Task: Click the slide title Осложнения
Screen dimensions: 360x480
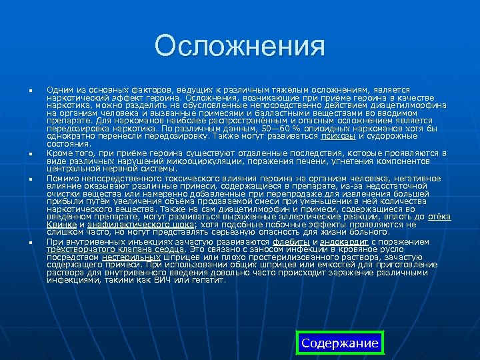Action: [x=239, y=47]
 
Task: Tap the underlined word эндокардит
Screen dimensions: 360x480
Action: [x=345, y=241]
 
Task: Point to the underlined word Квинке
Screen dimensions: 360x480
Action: [x=61, y=225]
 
